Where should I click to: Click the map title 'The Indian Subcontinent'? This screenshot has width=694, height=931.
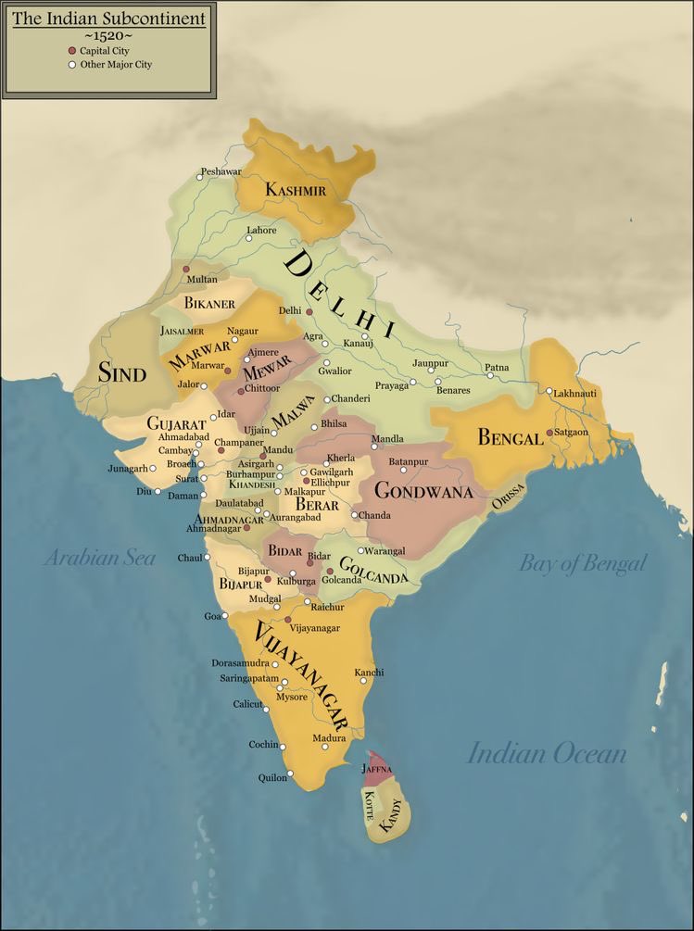pyautogui.click(x=109, y=19)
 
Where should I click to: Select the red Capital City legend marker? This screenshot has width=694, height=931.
pyautogui.click(x=71, y=50)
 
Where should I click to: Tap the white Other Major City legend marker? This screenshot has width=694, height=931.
pyautogui.click(x=71, y=65)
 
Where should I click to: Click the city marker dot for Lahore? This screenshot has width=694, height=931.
pyautogui.click(x=249, y=238)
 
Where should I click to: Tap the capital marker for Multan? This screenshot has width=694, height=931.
pyautogui.click(x=185, y=269)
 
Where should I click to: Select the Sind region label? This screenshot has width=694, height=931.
pyautogui.click(x=123, y=373)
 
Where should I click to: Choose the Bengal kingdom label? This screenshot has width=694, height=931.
pyautogui.click(x=510, y=437)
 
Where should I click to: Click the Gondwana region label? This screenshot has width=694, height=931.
pyautogui.click(x=423, y=491)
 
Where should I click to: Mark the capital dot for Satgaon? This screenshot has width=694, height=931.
pyautogui.click(x=549, y=433)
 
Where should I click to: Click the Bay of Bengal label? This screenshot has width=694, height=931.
pyautogui.click(x=582, y=563)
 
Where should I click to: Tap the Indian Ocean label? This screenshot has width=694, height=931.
pyautogui.click(x=547, y=753)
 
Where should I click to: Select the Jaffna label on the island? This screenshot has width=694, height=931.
pyautogui.click(x=377, y=769)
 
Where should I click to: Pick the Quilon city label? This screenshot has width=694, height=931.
pyautogui.click(x=272, y=778)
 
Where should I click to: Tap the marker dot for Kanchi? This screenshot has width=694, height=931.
pyautogui.click(x=362, y=681)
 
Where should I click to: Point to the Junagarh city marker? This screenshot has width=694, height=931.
pyautogui.click(x=153, y=468)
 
